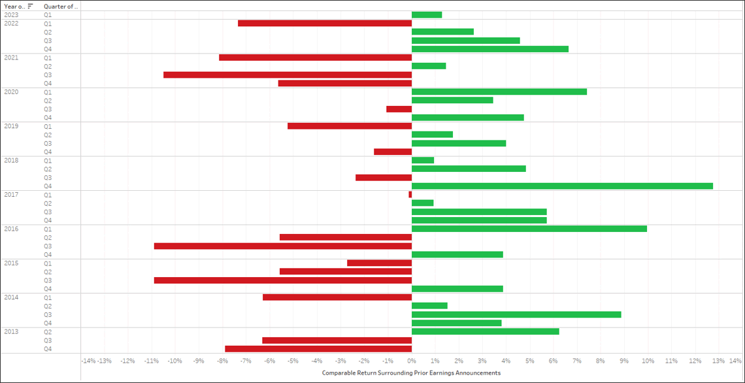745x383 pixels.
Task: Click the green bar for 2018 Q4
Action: (x=562, y=186)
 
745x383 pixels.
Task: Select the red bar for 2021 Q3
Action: (x=288, y=75)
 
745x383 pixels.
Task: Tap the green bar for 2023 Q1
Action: (x=427, y=14)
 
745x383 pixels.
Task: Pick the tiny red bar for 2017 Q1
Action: (x=410, y=195)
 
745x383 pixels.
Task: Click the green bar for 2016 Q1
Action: (x=529, y=229)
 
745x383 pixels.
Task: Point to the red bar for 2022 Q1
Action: (x=325, y=23)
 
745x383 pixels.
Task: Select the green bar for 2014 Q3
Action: (x=516, y=314)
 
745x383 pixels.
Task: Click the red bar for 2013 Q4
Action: (x=318, y=349)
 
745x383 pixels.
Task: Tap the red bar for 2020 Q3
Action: (x=399, y=109)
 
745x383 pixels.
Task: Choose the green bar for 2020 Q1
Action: (x=499, y=92)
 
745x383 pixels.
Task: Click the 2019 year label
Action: (x=11, y=126)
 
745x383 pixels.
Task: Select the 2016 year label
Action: (x=11, y=229)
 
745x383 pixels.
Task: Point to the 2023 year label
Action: (x=11, y=14)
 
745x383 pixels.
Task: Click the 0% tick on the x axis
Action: (x=411, y=361)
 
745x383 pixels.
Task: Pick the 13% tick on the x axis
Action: (x=718, y=361)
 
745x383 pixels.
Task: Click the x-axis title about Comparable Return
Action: (x=411, y=373)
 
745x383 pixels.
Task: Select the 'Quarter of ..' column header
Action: (x=61, y=6)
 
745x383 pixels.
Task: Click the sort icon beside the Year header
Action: (x=30, y=6)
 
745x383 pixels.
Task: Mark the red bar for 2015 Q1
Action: (x=379, y=263)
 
